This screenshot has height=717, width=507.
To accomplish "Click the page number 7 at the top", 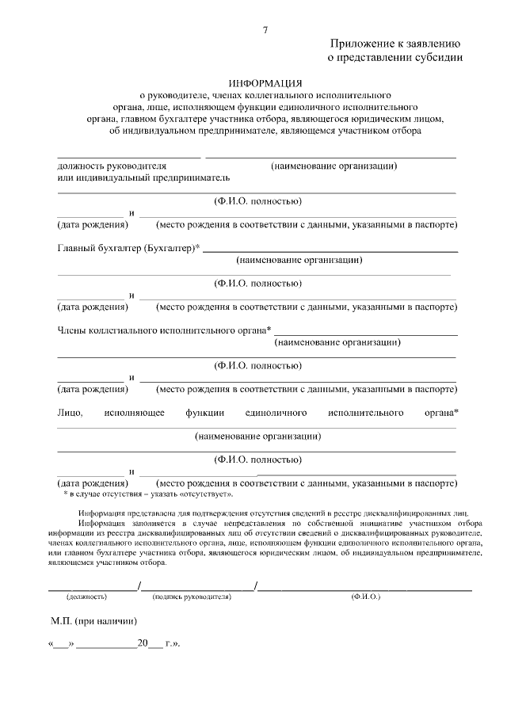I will [x=265, y=30].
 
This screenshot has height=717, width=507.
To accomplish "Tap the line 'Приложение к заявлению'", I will [x=396, y=44].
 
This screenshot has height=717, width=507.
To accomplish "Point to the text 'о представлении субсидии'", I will [x=395, y=57].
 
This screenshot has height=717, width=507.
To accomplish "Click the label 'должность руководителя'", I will [x=112, y=166].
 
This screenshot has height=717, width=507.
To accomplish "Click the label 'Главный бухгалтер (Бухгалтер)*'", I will [x=128, y=248].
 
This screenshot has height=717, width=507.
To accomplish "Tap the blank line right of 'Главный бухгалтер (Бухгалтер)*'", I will [x=330, y=250].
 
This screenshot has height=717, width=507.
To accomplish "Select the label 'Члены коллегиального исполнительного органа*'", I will [x=164, y=330].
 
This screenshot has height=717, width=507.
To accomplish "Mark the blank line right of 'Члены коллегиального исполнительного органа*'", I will [x=365, y=334].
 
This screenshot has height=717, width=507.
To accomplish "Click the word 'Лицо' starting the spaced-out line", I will [x=70, y=413].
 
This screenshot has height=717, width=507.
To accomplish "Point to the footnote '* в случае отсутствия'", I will [x=103, y=494].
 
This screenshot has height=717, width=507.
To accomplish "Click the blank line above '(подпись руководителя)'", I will [x=197, y=589].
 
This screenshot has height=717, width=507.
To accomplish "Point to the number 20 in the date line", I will [x=143, y=644].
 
